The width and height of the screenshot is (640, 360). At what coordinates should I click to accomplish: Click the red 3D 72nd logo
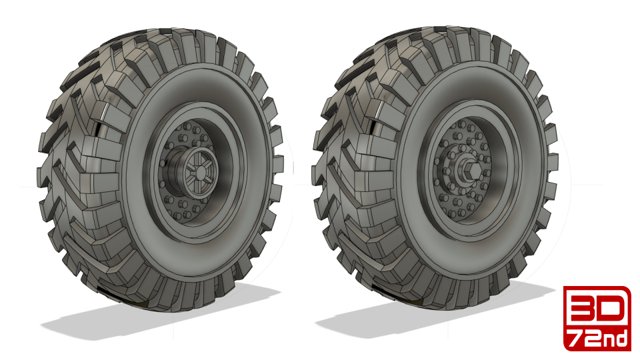597,318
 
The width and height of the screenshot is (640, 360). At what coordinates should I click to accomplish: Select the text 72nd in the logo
597,338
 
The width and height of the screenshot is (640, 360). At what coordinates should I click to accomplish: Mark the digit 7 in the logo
577,338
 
